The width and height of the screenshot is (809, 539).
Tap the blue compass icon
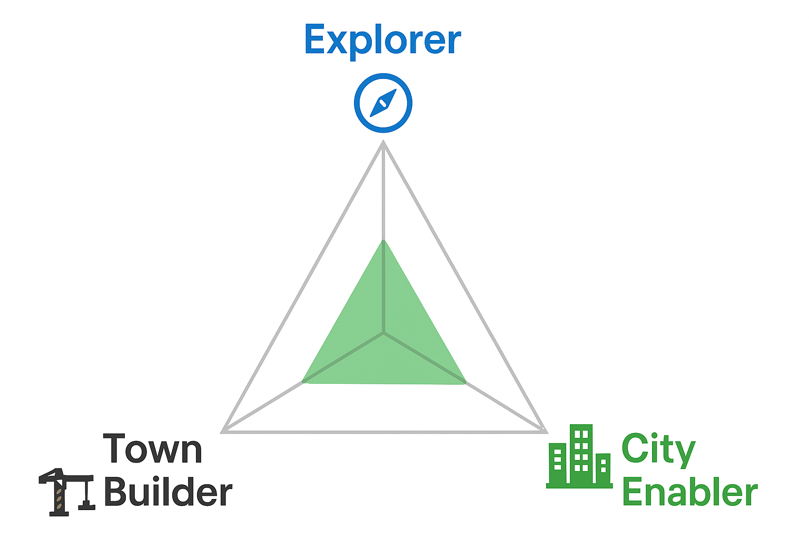[383, 103]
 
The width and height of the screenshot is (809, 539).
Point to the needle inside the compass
[383, 103]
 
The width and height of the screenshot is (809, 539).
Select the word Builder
[169, 491]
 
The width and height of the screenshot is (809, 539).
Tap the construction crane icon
[67, 492]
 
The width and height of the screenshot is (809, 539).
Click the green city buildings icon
[579, 456]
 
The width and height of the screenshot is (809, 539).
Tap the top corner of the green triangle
[383, 240]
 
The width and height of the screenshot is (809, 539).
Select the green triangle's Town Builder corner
[303, 382]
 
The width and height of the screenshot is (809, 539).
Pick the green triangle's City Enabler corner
[465, 383]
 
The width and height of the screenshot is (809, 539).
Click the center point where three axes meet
[383, 333]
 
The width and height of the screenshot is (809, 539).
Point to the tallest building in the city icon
[581, 454]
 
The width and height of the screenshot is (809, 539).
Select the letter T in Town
[114, 448]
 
